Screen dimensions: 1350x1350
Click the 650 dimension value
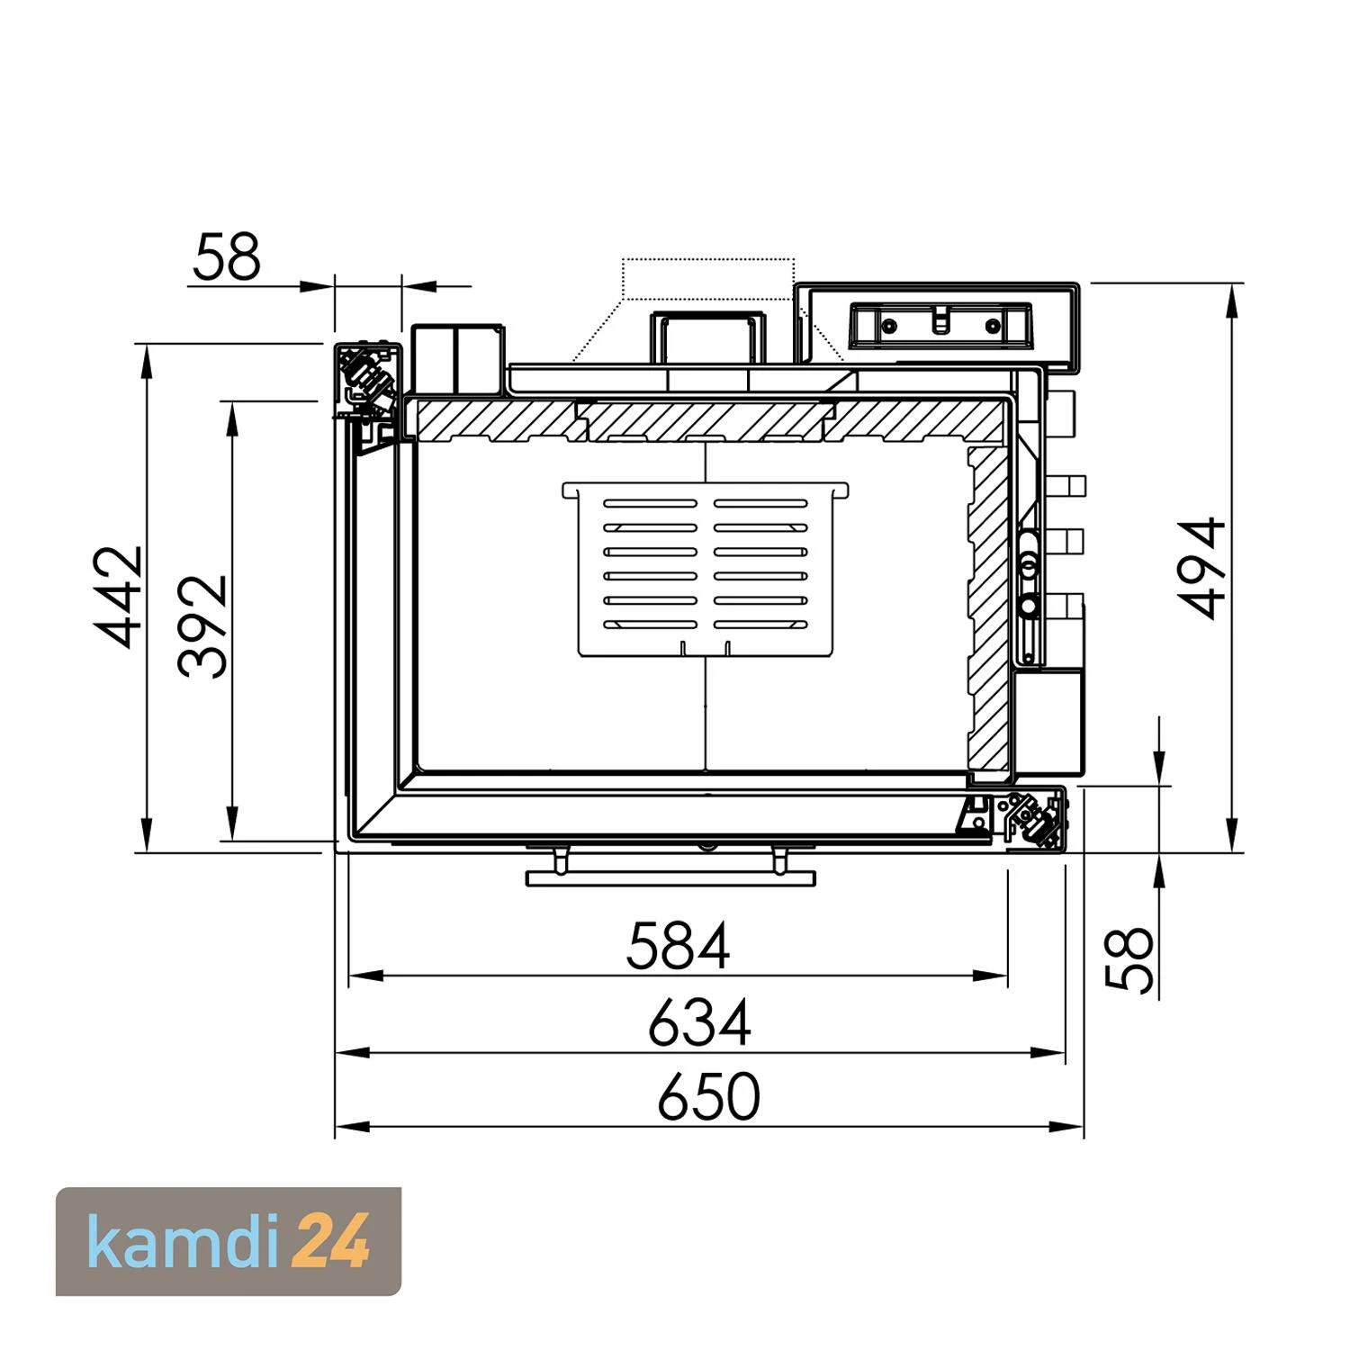(708, 1096)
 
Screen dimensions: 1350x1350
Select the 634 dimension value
(699, 1023)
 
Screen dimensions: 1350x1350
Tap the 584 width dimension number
(678, 945)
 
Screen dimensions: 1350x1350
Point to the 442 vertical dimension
(121, 596)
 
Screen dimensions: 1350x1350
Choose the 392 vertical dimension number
(202, 625)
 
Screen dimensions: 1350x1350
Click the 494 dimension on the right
(1202, 567)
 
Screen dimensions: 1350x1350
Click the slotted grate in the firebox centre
(706, 569)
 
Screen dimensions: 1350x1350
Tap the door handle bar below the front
(670, 877)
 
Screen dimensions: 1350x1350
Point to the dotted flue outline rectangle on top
(708, 278)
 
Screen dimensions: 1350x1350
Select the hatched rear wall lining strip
(706, 421)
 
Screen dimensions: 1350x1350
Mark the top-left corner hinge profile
(367, 378)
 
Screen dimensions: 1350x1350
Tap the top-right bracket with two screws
(940, 324)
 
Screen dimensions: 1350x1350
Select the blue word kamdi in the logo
(184, 1241)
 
